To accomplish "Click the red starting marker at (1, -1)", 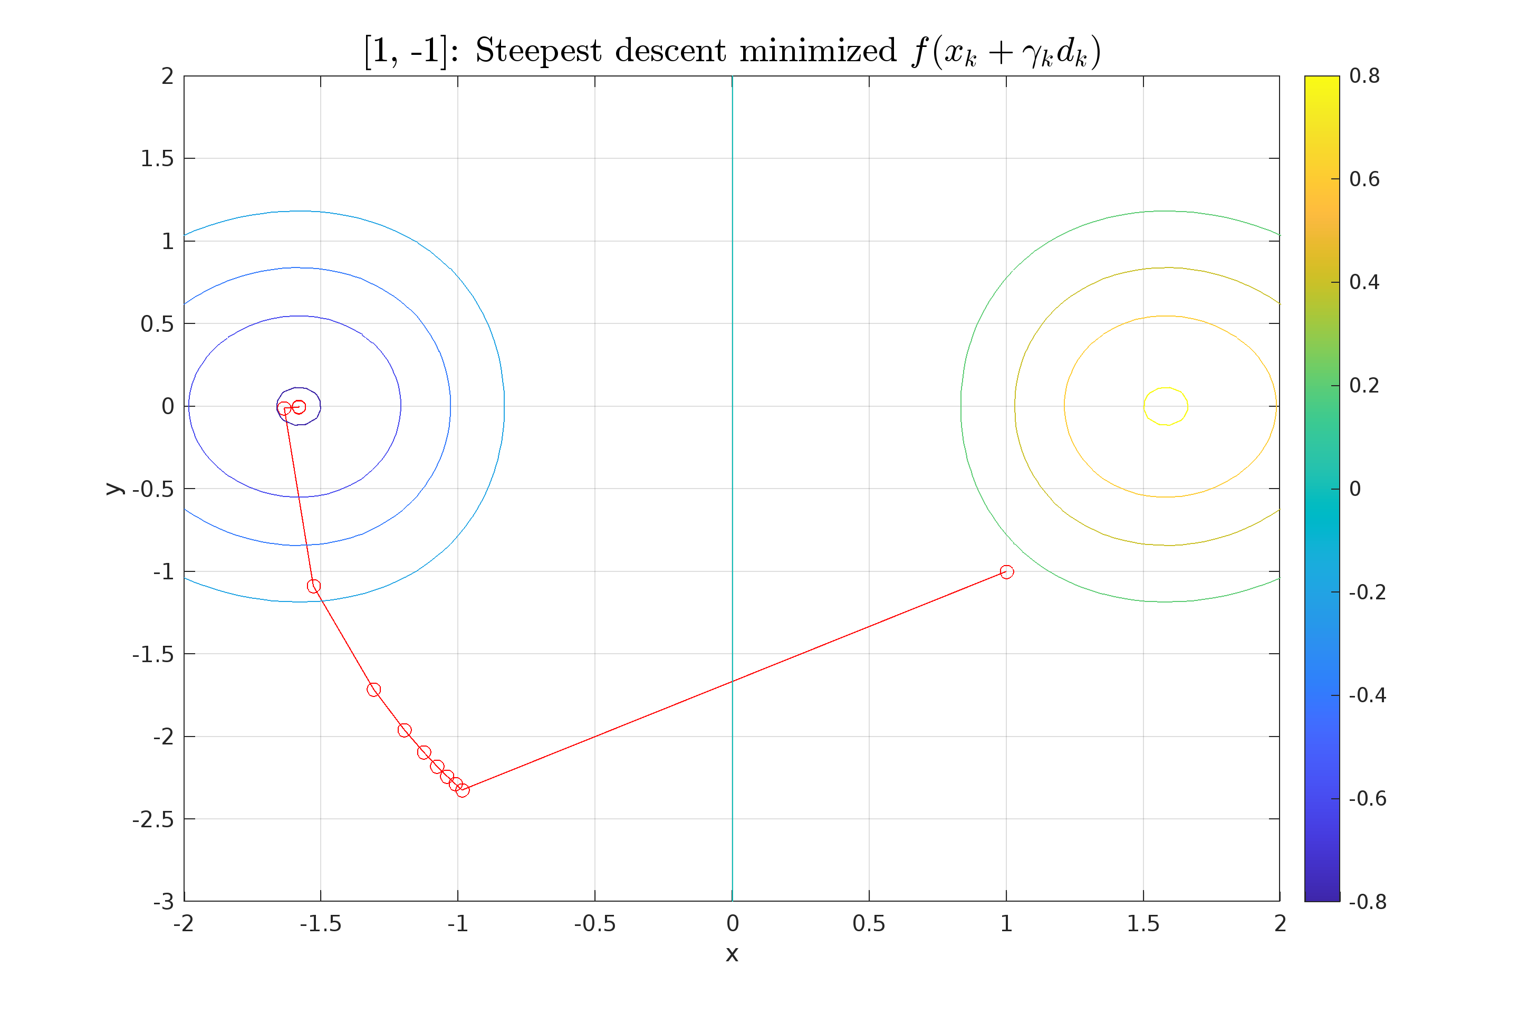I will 1006,572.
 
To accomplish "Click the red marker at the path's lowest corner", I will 463,790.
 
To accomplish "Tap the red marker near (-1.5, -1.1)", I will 314,586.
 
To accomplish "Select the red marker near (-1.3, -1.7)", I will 373,690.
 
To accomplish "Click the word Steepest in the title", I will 538,51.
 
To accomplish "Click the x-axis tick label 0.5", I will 869,924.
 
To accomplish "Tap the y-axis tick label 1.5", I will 157,158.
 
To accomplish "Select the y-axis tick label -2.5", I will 153,819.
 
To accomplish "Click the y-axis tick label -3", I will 164,901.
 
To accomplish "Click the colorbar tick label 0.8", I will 1364,76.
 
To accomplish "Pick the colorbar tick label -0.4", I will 1367,695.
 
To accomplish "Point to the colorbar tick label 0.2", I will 1364,386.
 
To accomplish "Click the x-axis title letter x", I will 732,954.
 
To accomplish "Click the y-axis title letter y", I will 114,489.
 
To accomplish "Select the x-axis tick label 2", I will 1280,924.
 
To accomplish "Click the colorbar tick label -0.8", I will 1367,901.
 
